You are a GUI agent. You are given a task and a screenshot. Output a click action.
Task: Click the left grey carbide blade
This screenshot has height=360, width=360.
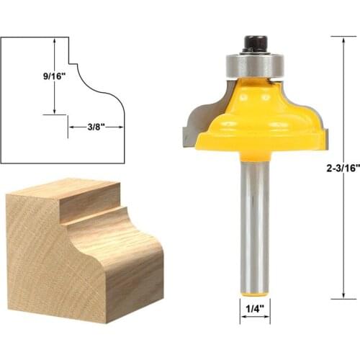click(192, 122)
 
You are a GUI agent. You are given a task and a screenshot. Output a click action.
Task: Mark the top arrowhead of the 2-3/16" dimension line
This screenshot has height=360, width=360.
click(343, 40)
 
